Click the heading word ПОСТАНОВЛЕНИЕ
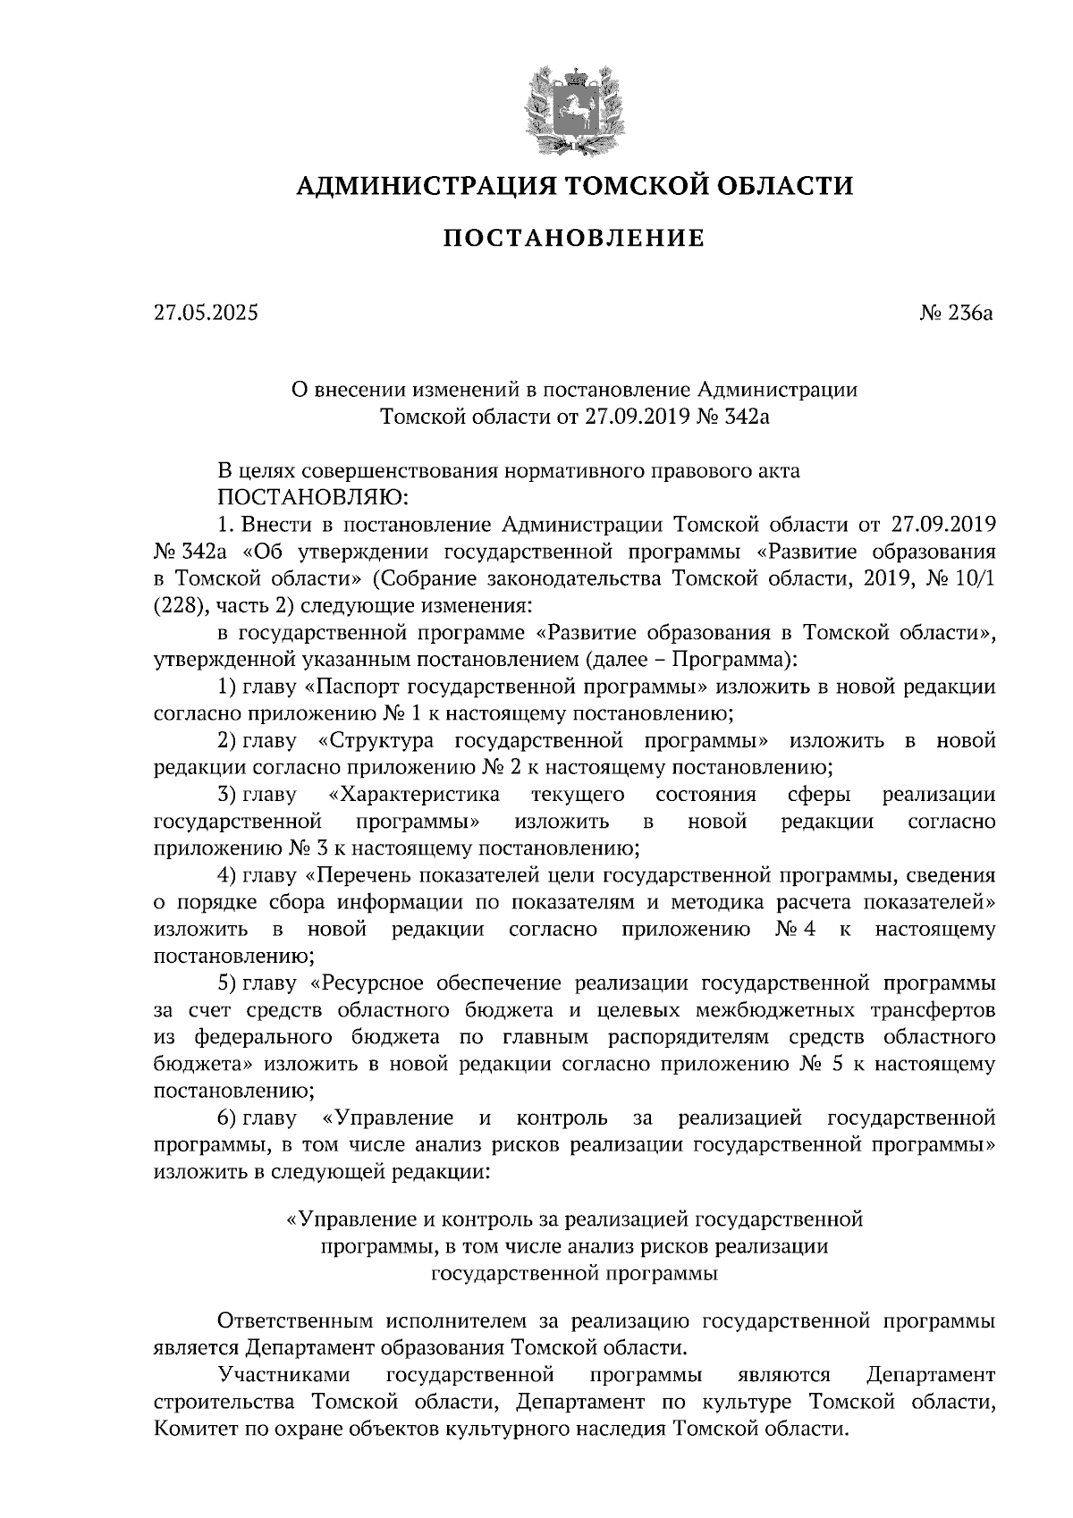pyautogui.click(x=573, y=239)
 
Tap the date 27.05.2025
pyautogui.click(x=205, y=314)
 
